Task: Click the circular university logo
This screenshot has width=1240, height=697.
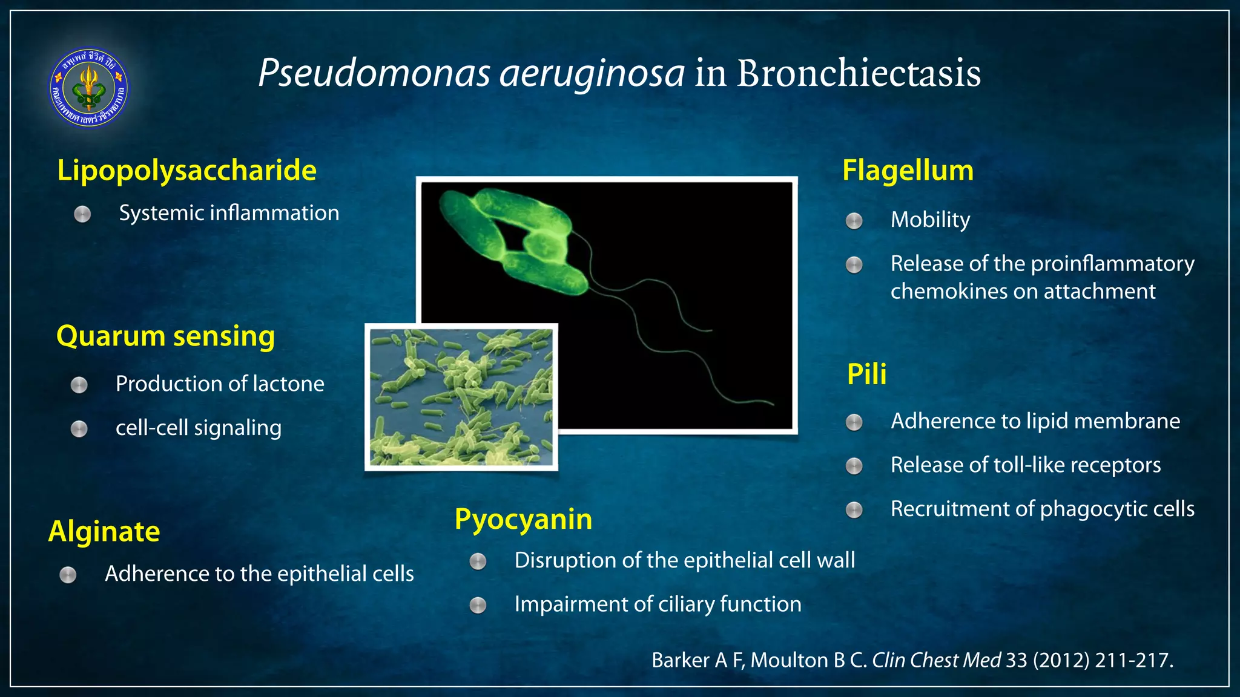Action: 88,88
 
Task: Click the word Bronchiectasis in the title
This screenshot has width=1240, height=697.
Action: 858,74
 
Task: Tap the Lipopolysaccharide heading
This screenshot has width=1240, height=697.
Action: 186,170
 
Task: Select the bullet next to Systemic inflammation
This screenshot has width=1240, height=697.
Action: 82,214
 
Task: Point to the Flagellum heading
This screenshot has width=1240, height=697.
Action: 908,171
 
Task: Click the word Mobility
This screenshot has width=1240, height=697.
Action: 930,220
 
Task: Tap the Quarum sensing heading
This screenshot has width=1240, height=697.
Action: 165,336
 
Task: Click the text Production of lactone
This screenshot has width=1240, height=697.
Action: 220,384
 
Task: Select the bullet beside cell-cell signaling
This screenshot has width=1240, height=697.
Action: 79,429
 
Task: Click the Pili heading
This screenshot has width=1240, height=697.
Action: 866,374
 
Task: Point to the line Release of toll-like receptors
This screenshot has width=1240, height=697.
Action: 1026,465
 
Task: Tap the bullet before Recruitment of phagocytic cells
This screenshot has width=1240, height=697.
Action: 854,510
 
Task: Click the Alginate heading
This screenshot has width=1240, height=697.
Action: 104,532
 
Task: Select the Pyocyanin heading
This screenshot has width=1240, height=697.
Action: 523,520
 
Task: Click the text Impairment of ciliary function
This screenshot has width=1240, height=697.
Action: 658,604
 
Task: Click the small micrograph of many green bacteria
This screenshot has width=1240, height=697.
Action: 461,398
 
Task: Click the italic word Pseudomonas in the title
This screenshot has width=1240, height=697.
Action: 374,74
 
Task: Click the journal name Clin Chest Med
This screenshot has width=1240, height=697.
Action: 936,660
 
